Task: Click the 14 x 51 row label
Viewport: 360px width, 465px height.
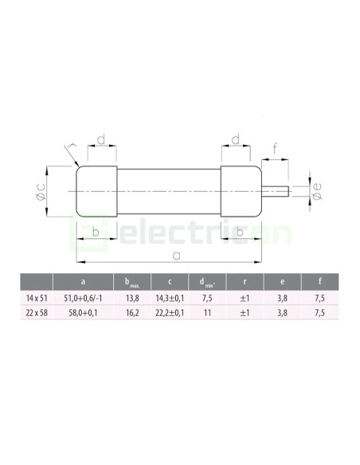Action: [x=37, y=298]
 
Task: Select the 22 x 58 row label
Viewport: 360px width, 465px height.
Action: [x=37, y=313]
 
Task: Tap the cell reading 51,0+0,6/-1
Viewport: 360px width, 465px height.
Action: [x=83, y=298]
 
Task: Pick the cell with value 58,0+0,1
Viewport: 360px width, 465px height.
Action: [x=83, y=313]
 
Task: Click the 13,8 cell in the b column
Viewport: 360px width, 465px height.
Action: [x=132, y=298]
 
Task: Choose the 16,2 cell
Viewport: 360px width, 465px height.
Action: [x=132, y=313]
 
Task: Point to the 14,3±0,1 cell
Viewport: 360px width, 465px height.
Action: [x=170, y=298]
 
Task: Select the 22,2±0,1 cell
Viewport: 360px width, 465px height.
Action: [x=170, y=313]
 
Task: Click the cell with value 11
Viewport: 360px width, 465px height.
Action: [x=207, y=313]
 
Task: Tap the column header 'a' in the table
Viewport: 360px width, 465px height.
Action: [x=83, y=281]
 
